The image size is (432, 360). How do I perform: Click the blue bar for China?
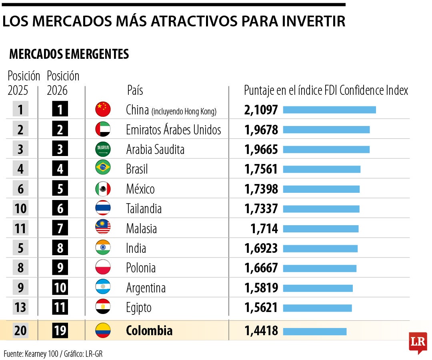(329, 110)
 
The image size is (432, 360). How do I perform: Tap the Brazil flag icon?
(103, 168)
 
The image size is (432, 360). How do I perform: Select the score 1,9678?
(261, 130)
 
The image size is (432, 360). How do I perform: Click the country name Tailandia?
(144, 208)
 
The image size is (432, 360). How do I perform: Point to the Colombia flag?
(103, 330)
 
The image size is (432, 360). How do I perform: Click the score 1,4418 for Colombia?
(261, 331)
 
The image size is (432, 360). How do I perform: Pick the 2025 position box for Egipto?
(20, 308)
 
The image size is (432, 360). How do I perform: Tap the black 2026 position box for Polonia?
(60, 268)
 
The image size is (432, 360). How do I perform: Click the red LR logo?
(418, 342)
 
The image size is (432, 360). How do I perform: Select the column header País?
(135, 90)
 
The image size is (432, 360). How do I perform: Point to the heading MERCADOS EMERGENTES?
(69, 54)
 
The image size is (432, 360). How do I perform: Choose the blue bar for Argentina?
(318, 288)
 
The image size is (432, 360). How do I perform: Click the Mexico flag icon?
(103, 188)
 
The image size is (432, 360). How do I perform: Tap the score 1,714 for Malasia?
(264, 228)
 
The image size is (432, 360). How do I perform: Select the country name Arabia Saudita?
(155, 149)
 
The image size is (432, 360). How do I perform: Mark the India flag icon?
(103, 248)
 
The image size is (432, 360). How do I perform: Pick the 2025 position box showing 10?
(20, 208)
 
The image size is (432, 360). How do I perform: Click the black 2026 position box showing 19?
(60, 331)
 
